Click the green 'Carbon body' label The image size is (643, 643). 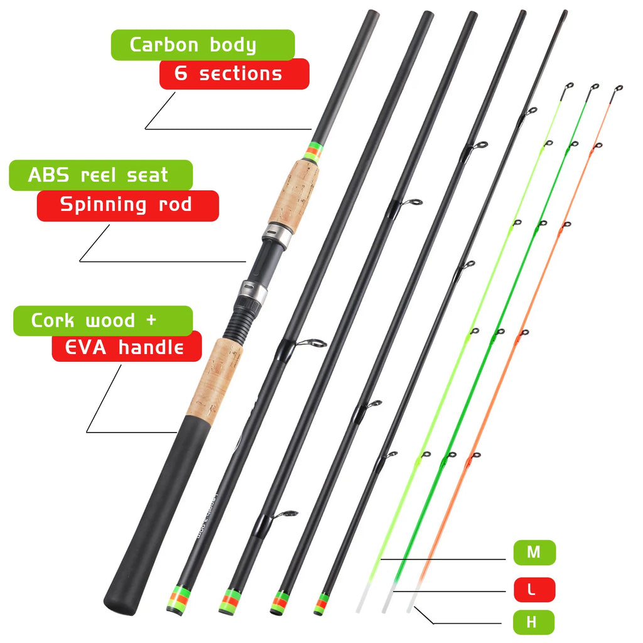click(x=202, y=45)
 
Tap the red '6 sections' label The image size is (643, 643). click(x=234, y=74)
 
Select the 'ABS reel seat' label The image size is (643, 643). click(x=100, y=175)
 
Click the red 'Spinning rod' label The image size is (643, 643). click(x=127, y=205)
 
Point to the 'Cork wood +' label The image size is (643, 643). click(x=102, y=321)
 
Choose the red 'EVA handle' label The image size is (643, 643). click(x=126, y=347)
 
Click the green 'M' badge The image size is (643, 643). click(x=534, y=553)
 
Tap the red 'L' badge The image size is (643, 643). click(x=534, y=590)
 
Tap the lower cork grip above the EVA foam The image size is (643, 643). click(x=214, y=377)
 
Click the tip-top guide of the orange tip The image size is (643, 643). click(x=618, y=89)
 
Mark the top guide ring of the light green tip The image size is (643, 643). click(x=569, y=87)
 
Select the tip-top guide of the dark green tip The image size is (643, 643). click(x=594, y=87)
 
